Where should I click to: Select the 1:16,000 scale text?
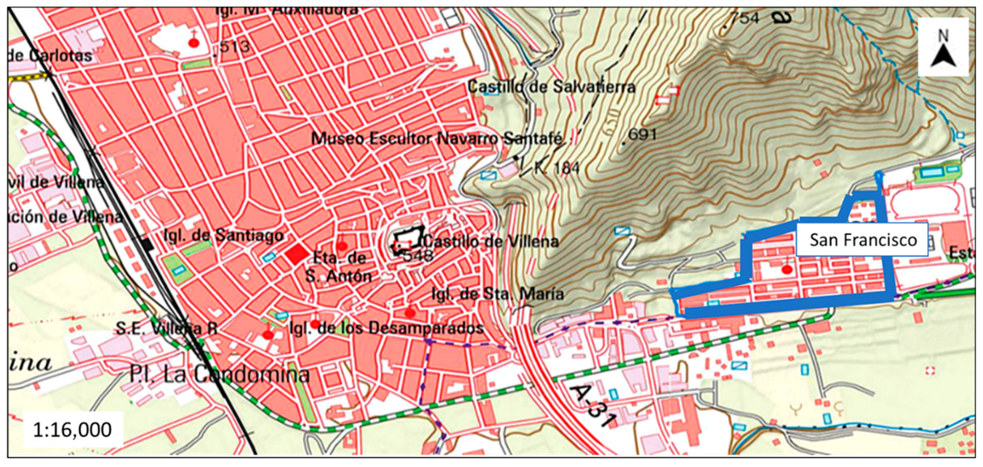tap(73, 430)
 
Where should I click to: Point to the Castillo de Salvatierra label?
tap(551, 87)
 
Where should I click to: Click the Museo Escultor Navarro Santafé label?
tap(437, 138)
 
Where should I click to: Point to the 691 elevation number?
tap(642, 135)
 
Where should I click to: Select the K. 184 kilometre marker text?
tap(557, 168)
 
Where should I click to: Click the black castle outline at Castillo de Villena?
tap(408, 239)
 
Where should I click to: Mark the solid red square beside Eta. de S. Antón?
tap(297, 254)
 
